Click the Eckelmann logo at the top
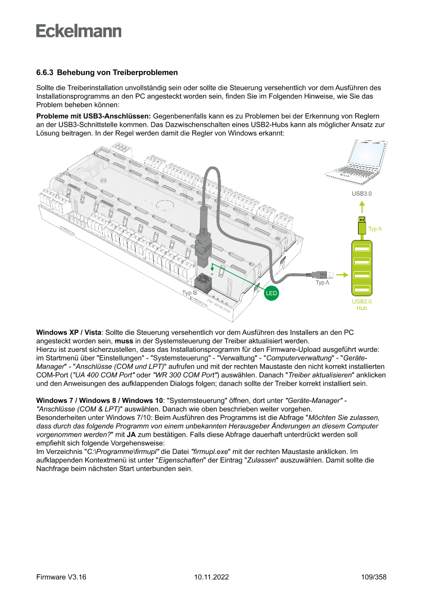(79, 31)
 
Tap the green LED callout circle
(271, 294)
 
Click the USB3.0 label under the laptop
(361, 194)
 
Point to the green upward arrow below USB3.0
(362, 207)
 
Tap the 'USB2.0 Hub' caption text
(362, 305)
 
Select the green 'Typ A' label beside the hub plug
(375, 229)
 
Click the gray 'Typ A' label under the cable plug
(322, 282)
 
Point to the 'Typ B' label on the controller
(189, 293)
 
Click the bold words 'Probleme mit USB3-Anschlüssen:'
(93, 117)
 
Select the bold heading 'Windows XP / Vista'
(69, 333)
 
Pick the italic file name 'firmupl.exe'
(209, 452)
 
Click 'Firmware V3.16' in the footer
(61, 577)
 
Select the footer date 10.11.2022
(211, 577)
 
